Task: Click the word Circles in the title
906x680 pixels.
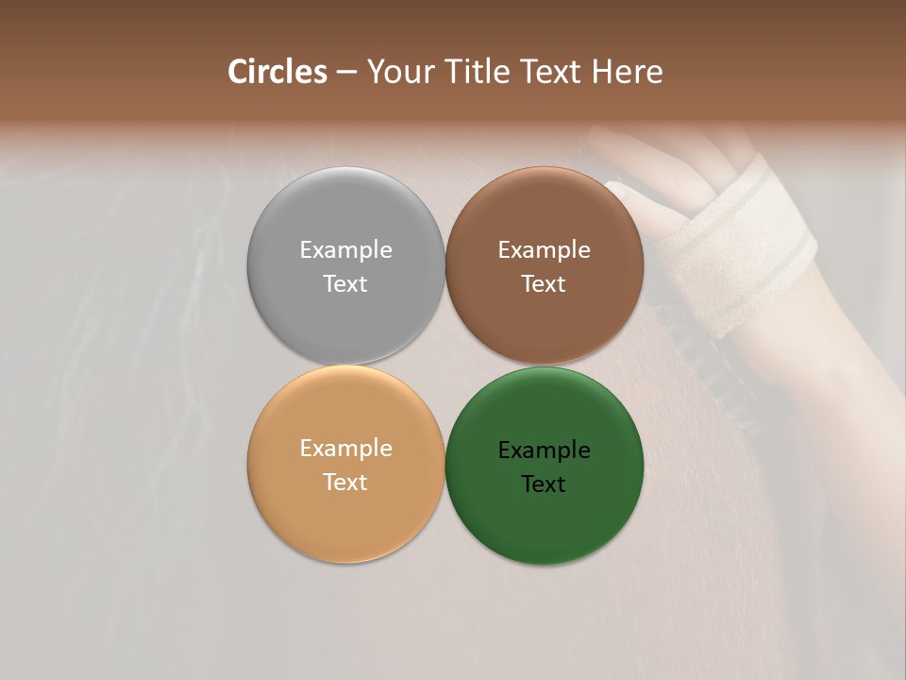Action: click(277, 72)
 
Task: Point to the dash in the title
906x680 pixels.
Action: click(346, 73)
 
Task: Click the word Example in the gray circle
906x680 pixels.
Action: click(345, 249)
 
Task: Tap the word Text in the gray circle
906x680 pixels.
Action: click(345, 283)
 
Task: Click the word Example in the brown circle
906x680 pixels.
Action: click(544, 249)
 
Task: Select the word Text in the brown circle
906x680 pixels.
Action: click(544, 283)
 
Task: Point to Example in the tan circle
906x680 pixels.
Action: click(345, 448)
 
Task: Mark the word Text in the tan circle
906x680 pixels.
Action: click(345, 482)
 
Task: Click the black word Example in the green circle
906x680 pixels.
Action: click(544, 450)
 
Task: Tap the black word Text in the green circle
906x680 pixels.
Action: click(544, 484)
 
